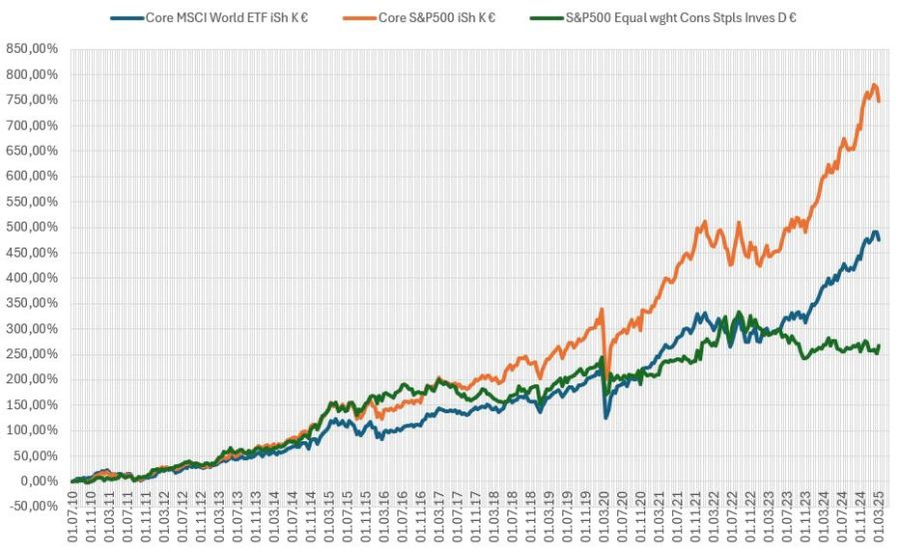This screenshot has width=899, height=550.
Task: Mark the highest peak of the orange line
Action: tap(874, 85)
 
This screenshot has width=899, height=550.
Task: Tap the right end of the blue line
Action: tap(879, 240)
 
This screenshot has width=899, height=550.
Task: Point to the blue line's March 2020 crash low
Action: tap(606, 417)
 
